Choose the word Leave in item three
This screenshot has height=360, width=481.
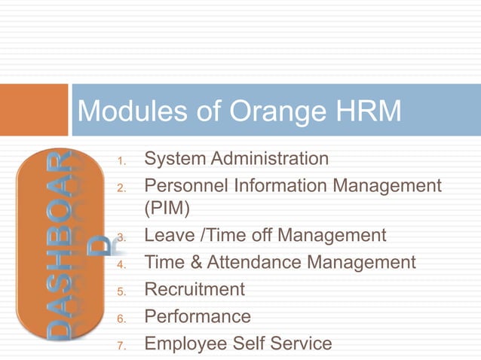click(x=167, y=236)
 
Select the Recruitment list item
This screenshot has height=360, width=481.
click(x=195, y=289)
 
